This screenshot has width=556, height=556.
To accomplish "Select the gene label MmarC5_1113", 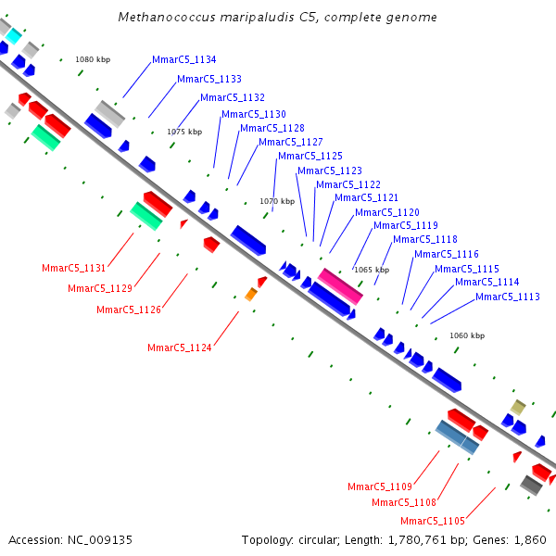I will (x=508, y=297).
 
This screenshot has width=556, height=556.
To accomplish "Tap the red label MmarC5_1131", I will (x=74, y=268).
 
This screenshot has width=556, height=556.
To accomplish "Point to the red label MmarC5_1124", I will (x=180, y=347).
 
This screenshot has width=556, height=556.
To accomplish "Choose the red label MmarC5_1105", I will (x=433, y=521).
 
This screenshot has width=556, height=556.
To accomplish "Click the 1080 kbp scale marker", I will (x=93, y=59).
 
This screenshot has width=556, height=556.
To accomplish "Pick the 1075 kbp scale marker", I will (x=184, y=132).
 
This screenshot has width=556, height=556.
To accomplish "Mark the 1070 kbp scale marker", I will (x=277, y=201).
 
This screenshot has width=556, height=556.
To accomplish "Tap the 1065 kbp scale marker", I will (x=372, y=270).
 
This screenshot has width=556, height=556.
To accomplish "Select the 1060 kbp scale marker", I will (x=466, y=335).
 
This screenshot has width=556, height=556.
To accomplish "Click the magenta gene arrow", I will (x=340, y=285).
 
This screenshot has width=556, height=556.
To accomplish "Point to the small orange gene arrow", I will (x=251, y=295).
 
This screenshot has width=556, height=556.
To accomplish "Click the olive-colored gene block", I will (x=518, y=407).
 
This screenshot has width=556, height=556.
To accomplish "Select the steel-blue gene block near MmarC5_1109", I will (x=457, y=436).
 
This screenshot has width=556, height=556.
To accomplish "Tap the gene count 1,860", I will (x=531, y=539).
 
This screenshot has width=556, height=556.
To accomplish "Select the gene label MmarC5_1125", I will (x=310, y=156).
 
